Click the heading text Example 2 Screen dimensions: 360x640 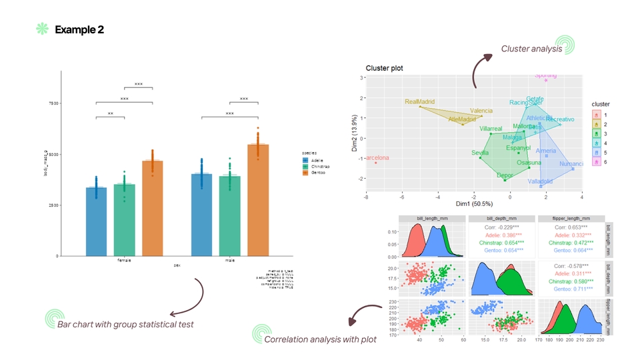(79, 29)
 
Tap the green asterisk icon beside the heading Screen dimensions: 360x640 (43, 29)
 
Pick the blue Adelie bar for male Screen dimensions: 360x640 (202, 214)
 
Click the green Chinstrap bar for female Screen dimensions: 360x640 (124, 219)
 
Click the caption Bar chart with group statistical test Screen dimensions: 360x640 (125, 324)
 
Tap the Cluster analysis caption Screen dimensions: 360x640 (531, 49)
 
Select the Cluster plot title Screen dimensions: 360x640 (384, 69)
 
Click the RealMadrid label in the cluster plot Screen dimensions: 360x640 (420, 102)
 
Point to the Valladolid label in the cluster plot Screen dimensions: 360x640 (540, 181)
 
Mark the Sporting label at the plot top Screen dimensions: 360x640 (546, 76)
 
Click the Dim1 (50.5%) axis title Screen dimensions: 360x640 (474, 203)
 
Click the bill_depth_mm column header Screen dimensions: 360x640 (501, 218)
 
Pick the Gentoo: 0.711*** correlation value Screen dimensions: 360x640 (571, 289)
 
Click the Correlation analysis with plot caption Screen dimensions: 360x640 (321, 339)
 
